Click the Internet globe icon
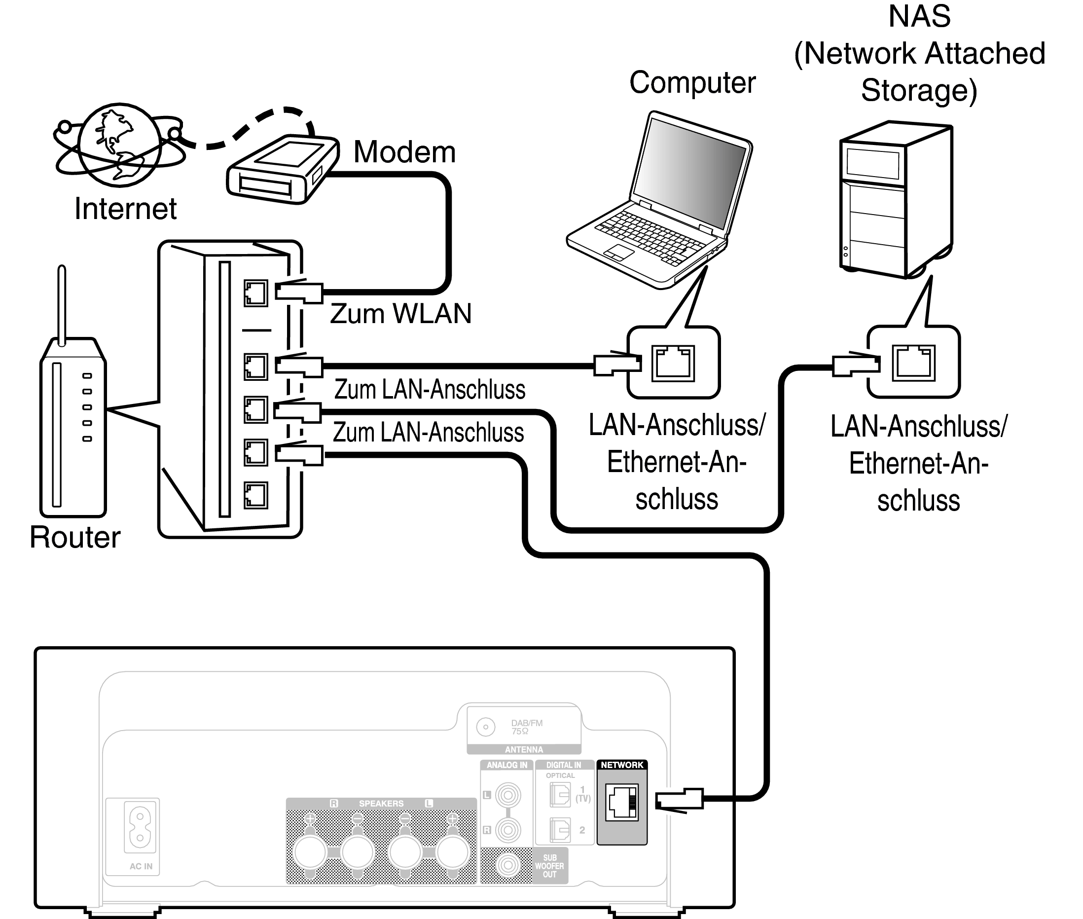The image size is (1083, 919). [x=119, y=145]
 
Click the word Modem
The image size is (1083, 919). [x=404, y=151]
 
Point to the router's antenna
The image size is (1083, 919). [x=62, y=305]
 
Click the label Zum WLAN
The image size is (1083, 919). [x=400, y=314]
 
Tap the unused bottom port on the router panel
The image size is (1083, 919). [x=255, y=495]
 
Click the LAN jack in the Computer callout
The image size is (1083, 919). [x=673, y=363]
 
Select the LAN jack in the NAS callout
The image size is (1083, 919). [x=913, y=363]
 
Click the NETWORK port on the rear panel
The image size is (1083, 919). [x=621, y=802]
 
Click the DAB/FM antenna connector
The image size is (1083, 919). [x=485, y=727]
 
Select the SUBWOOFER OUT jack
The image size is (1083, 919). [x=507, y=865]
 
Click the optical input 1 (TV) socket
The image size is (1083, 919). [x=559, y=795]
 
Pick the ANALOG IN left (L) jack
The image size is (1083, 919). [x=507, y=795]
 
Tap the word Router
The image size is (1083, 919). [x=74, y=537]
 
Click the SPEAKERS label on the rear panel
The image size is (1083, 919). [x=381, y=804]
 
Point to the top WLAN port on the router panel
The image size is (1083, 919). [x=255, y=293]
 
